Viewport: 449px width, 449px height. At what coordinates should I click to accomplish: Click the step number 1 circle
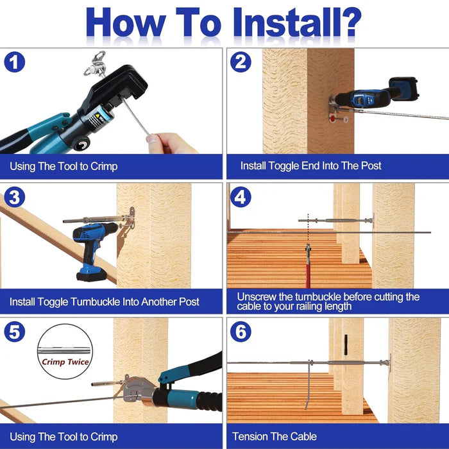(x=15, y=62)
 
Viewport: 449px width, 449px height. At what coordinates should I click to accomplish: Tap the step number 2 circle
(x=241, y=62)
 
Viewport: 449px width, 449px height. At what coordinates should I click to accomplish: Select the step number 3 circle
(x=15, y=197)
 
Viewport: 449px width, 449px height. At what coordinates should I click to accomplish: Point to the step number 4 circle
(x=241, y=197)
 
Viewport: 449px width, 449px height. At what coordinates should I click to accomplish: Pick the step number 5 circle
(x=15, y=332)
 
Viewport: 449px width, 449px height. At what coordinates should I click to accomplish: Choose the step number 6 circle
(x=241, y=332)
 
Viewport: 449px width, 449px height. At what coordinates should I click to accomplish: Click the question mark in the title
(x=352, y=22)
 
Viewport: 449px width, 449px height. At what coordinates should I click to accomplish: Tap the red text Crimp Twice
(x=65, y=362)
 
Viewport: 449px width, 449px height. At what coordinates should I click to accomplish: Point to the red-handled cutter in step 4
(x=308, y=266)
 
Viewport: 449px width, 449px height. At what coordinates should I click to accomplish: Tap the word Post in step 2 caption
(x=371, y=165)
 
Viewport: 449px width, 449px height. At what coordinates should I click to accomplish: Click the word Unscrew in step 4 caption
(x=257, y=297)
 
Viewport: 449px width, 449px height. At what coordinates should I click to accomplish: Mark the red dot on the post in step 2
(x=333, y=117)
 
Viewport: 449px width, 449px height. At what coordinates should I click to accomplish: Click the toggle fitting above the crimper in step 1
(x=96, y=65)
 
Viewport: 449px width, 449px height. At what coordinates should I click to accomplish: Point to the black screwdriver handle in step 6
(x=346, y=344)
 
